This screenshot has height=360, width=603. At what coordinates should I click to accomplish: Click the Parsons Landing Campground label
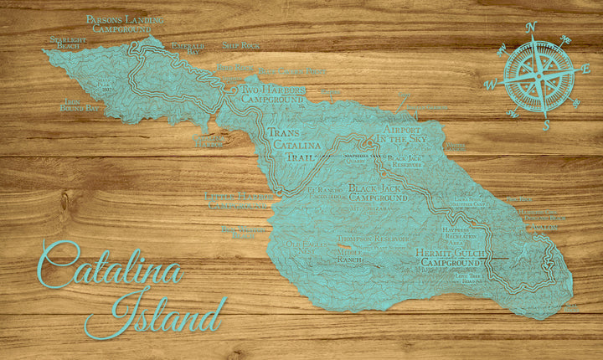[125, 23]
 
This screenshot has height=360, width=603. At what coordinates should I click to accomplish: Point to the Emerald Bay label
[188, 49]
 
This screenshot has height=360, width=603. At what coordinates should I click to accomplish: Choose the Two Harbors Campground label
[271, 94]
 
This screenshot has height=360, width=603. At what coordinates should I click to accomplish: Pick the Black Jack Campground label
[377, 193]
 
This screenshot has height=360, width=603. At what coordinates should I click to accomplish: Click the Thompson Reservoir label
[372, 239]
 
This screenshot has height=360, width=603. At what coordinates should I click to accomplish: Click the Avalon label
[545, 227]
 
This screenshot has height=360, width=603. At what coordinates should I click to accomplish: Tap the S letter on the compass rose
[545, 125]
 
